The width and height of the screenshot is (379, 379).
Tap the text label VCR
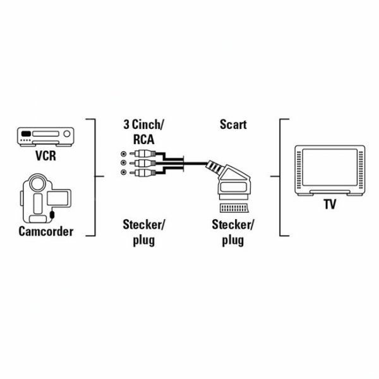46,155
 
